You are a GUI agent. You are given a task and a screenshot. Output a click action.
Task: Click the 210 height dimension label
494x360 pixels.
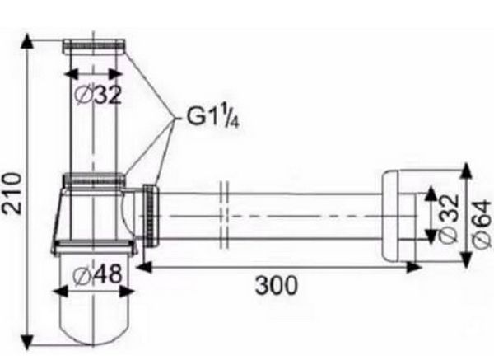click(12, 193)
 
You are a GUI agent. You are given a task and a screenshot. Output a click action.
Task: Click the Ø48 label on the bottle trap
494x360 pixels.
click(97, 273)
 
